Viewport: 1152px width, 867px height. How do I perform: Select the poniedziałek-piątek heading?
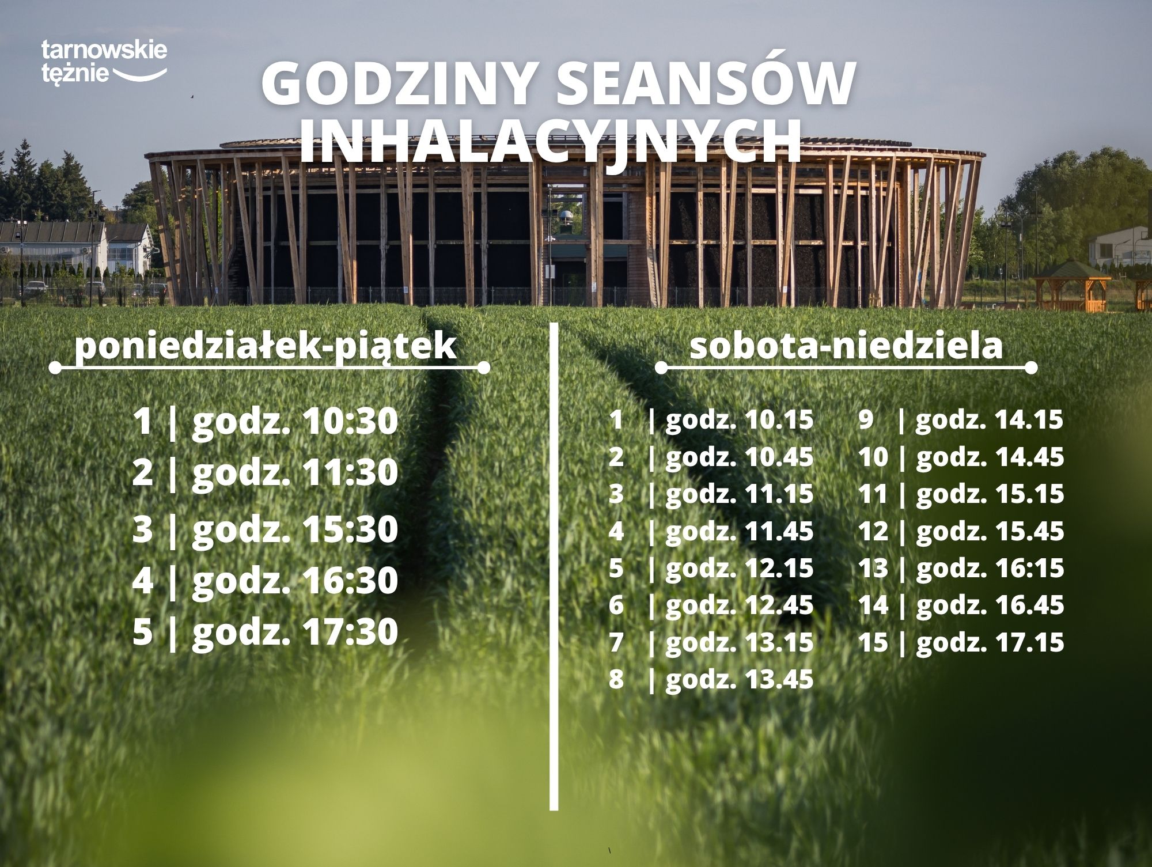pyautogui.click(x=266, y=347)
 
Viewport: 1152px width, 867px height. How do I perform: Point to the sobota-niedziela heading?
pyautogui.click(x=846, y=346)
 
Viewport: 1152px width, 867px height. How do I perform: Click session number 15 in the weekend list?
pyautogui.click(x=873, y=642)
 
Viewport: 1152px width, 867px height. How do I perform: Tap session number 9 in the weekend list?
pyautogui.click(x=866, y=420)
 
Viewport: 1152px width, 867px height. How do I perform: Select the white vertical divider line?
pyautogui.click(x=554, y=566)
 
